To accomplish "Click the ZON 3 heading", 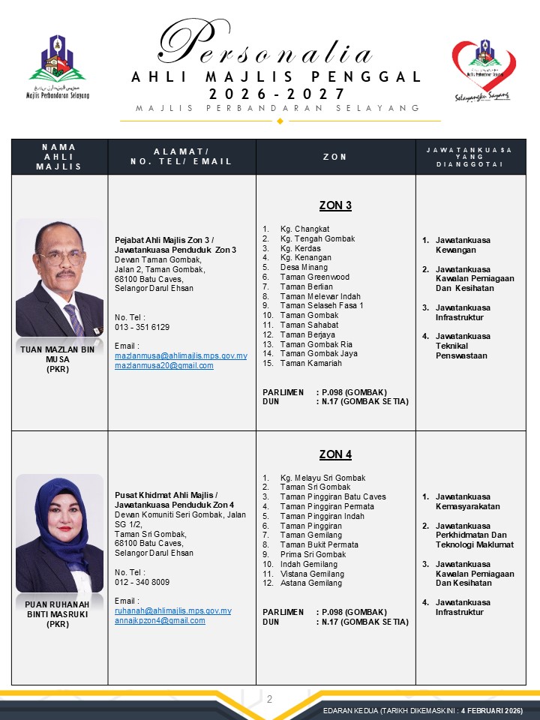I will pyautogui.click(x=335, y=205).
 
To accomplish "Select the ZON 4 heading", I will pyautogui.click(x=335, y=454).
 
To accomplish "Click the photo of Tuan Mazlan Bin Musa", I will pyautogui.click(x=60, y=277).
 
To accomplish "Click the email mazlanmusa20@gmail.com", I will pyautogui.click(x=163, y=365).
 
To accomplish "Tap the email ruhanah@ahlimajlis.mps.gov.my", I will pyautogui.click(x=172, y=610).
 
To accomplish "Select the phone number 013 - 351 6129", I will pyautogui.click(x=142, y=327).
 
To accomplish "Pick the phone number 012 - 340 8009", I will pyautogui.click(x=142, y=581).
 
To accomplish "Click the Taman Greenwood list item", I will pyautogui.click(x=314, y=277).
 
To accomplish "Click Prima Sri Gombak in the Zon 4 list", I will pyautogui.click(x=313, y=554).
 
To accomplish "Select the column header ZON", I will pyautogui.click(x=335, y=157).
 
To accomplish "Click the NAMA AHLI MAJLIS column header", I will pyautogui.click(x=59, y=157).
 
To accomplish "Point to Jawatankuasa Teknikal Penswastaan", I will pyautogui.click(x=463, y=346).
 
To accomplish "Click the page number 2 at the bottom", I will pyautogui.click(x=269, y=699).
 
